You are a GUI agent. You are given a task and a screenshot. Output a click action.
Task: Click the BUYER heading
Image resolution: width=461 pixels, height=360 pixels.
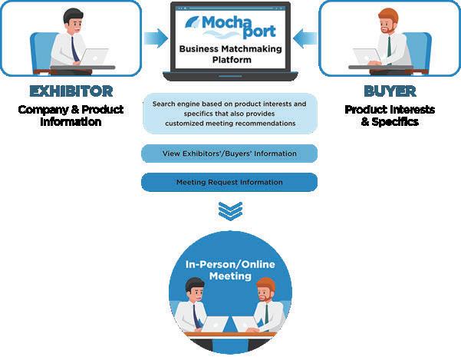[389, 91]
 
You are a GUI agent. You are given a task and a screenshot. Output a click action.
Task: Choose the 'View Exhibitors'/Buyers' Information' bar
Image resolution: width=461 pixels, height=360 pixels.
[229, 154]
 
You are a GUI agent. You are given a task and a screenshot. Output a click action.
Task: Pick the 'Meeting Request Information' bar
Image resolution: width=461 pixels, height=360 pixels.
[229, 183]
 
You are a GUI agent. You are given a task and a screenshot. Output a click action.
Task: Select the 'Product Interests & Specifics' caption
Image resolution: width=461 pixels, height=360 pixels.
[389, 115]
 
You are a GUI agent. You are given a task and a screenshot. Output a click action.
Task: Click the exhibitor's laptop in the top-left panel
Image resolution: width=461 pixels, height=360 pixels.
[93, 57]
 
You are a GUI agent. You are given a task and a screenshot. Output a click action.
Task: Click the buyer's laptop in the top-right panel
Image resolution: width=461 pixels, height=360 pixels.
[367, 57]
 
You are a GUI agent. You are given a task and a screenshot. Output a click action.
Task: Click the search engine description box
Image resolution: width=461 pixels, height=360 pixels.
[229, 113]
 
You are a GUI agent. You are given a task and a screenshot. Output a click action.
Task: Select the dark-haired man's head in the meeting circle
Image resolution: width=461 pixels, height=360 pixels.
[193, 292]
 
